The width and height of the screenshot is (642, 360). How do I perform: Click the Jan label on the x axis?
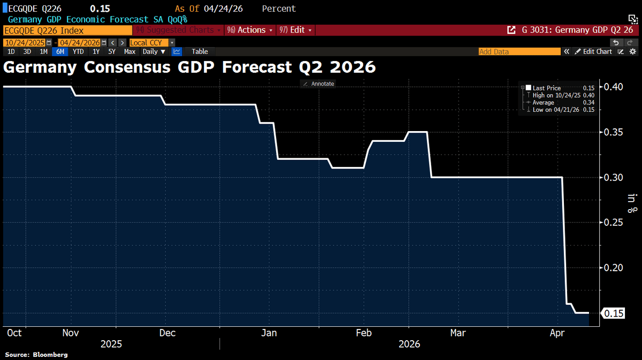pos(268,333)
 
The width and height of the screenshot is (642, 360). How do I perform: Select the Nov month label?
pos(71,333)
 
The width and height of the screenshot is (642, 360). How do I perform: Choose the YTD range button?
pos(78,51)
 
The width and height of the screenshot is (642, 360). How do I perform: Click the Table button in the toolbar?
pos(200,51)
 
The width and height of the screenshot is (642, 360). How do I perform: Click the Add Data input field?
pos(519,51)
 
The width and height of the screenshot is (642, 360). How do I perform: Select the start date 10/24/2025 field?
pos(25,42)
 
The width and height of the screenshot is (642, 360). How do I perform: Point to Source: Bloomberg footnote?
pos(36,355)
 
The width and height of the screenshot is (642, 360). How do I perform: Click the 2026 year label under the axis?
pos(409,344)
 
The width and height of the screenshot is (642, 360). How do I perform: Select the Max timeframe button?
pos(129,51)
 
